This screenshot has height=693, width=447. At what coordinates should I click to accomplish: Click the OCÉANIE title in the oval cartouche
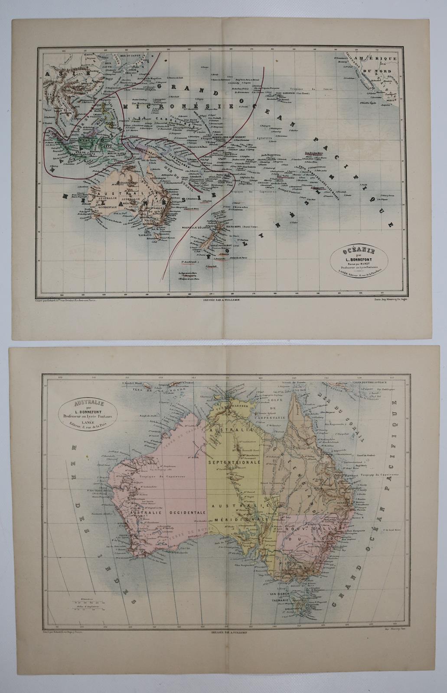363,252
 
